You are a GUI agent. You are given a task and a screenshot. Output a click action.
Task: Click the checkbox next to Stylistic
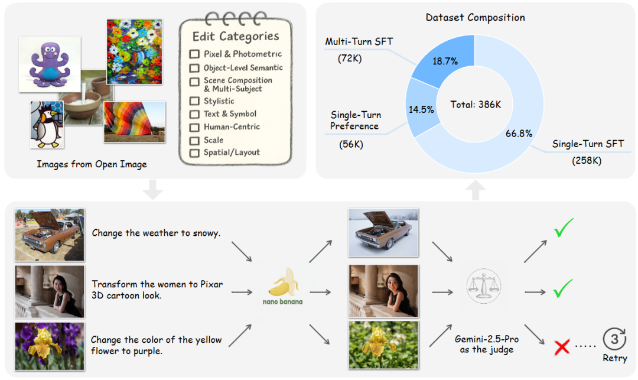pos(194,101)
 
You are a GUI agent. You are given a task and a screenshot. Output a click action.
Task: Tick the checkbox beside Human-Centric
pos(194,127)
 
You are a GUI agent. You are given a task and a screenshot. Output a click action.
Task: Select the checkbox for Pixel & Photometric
pos(194,54)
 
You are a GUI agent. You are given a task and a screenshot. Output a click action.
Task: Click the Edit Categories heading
pos(236,36)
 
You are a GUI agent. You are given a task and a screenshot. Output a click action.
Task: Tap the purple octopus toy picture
pos(48,63)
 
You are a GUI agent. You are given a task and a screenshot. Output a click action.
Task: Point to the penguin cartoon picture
pos(46,125)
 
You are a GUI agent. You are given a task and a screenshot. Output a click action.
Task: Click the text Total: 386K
pos(476,105)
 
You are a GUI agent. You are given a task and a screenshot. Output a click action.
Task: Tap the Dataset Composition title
pos(475,17)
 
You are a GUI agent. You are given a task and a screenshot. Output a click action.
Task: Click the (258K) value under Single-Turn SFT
pos(587,160)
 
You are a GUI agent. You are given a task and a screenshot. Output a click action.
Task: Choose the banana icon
pos(282,283)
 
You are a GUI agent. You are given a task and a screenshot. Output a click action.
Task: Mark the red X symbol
pos(562,347)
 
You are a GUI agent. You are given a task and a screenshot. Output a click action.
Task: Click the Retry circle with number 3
pos(614,339)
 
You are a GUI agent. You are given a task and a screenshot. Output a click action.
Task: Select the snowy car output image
pos(383,232)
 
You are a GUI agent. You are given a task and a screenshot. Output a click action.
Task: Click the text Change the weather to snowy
pos(156,233)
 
